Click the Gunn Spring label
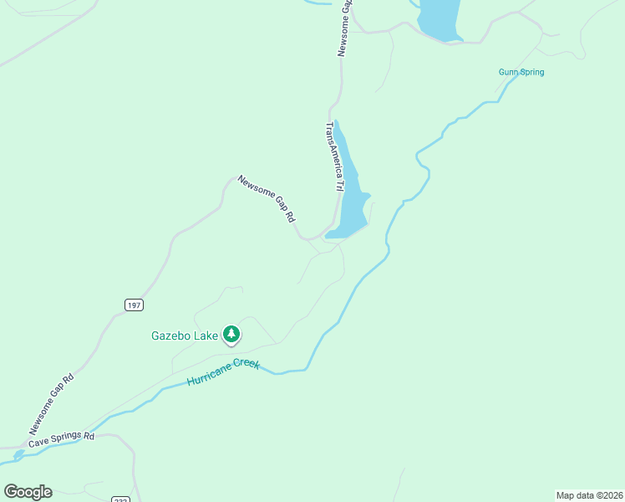[521, 72]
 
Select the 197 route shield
[133, 305]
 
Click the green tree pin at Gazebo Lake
[231, 336]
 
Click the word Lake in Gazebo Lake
[206, 336]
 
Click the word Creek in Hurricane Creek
[247, 366]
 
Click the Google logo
[28, 492]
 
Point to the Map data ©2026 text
[589, 494]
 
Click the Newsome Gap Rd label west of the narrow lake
[267, 198]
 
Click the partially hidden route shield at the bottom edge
[120, 499]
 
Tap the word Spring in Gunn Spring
[531, 72]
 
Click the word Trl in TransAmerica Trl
[339, 186]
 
